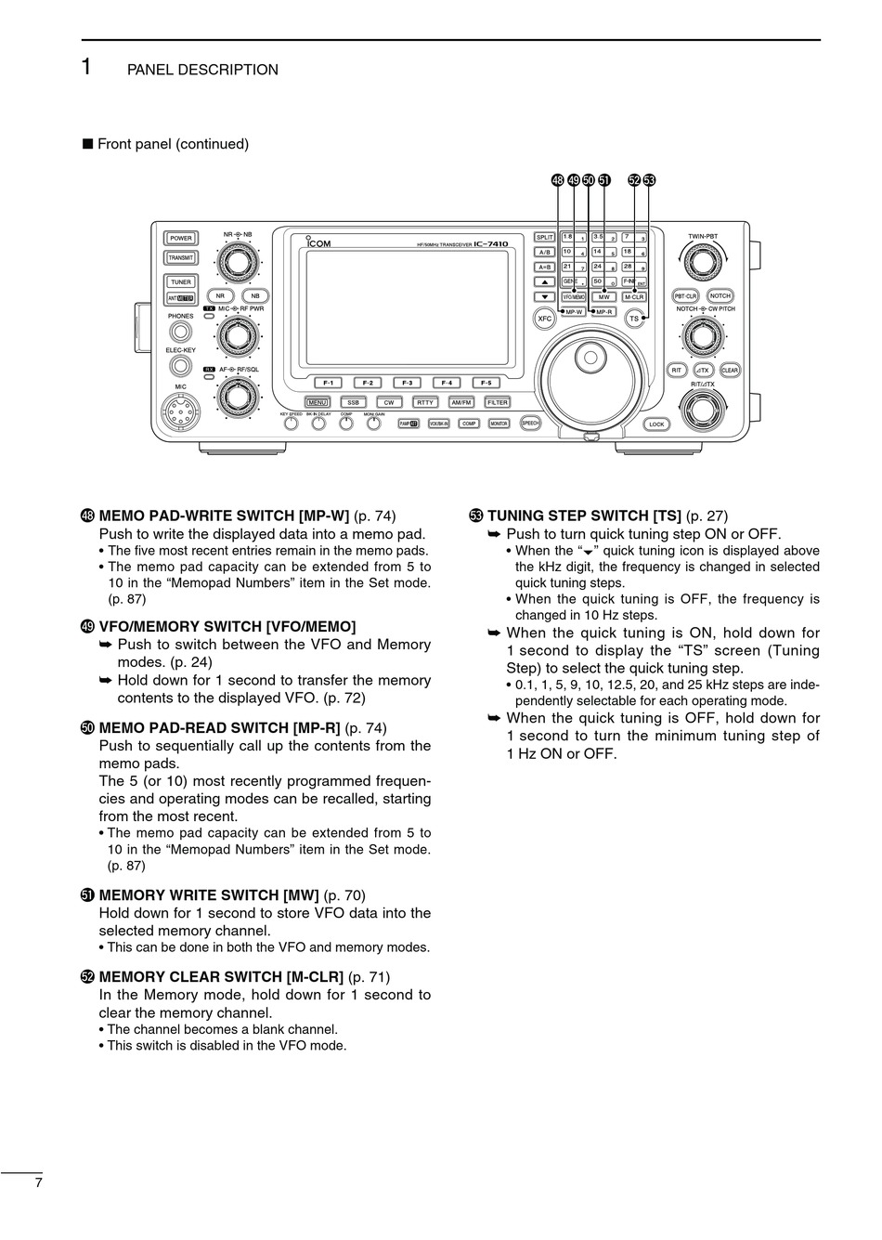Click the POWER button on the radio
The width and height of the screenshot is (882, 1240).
point(180,239)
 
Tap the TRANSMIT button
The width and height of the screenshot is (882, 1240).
point(180,258)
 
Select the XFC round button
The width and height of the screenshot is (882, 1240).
point(545,319)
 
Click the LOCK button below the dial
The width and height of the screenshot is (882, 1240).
point(656,424)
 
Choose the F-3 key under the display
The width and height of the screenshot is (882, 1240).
point(407,383)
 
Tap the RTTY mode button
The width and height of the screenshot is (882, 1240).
point(424,402)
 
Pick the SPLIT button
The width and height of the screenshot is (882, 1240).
point(545,238)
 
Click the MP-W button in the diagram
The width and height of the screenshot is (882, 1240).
point(575,312)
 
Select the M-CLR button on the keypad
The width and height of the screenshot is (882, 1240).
point(634,297)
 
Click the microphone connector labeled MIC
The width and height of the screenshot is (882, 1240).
point(180,411)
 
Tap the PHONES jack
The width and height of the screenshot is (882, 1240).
point(180,333)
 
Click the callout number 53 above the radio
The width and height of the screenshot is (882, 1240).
point(649,180)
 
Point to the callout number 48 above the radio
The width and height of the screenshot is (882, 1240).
point(557,180)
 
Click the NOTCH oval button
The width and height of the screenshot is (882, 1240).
point(720,296)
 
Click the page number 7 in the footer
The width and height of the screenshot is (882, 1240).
point(38,1182)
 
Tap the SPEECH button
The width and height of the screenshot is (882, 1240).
point(530,423)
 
